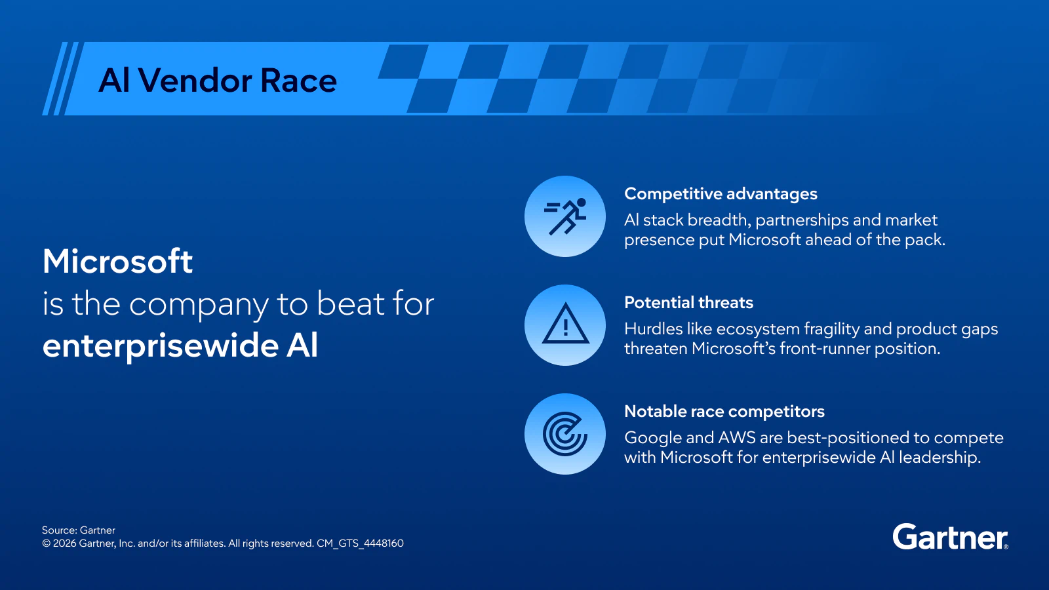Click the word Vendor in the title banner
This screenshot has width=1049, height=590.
195,81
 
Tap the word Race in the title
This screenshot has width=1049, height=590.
298,81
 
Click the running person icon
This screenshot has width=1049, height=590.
565,216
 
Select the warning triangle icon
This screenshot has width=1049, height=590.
565,325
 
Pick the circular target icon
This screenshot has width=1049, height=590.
565,434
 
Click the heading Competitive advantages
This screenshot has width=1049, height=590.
721,194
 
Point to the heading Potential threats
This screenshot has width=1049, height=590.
688,303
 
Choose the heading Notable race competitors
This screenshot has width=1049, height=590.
724,412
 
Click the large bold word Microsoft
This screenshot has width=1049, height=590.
118,262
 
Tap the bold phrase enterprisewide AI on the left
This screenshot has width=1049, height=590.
180,345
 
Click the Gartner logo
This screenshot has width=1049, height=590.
950,538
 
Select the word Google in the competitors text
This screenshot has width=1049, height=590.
652,437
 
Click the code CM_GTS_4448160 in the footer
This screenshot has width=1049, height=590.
360,543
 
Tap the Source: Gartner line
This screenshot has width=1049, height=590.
79,530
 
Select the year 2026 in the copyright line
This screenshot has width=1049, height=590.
64,543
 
